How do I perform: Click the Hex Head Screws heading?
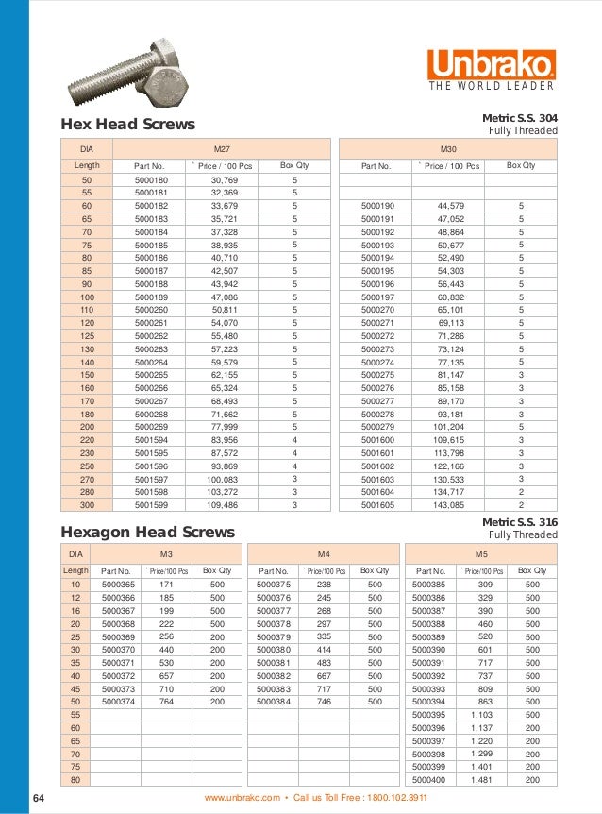click(x=127, y=125)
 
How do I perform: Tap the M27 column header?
click(x=223, y=148)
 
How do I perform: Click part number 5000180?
click(x=151, y=179)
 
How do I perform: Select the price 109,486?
click(x=224, y=505)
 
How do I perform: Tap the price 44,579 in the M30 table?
click(x=450, y=205)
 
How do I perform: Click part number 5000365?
click(x=118, y=585)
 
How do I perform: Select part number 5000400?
click(x=428, y=780)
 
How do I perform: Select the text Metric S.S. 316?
click(x=520, y=521)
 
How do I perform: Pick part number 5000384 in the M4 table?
click(x=274, y=703)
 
